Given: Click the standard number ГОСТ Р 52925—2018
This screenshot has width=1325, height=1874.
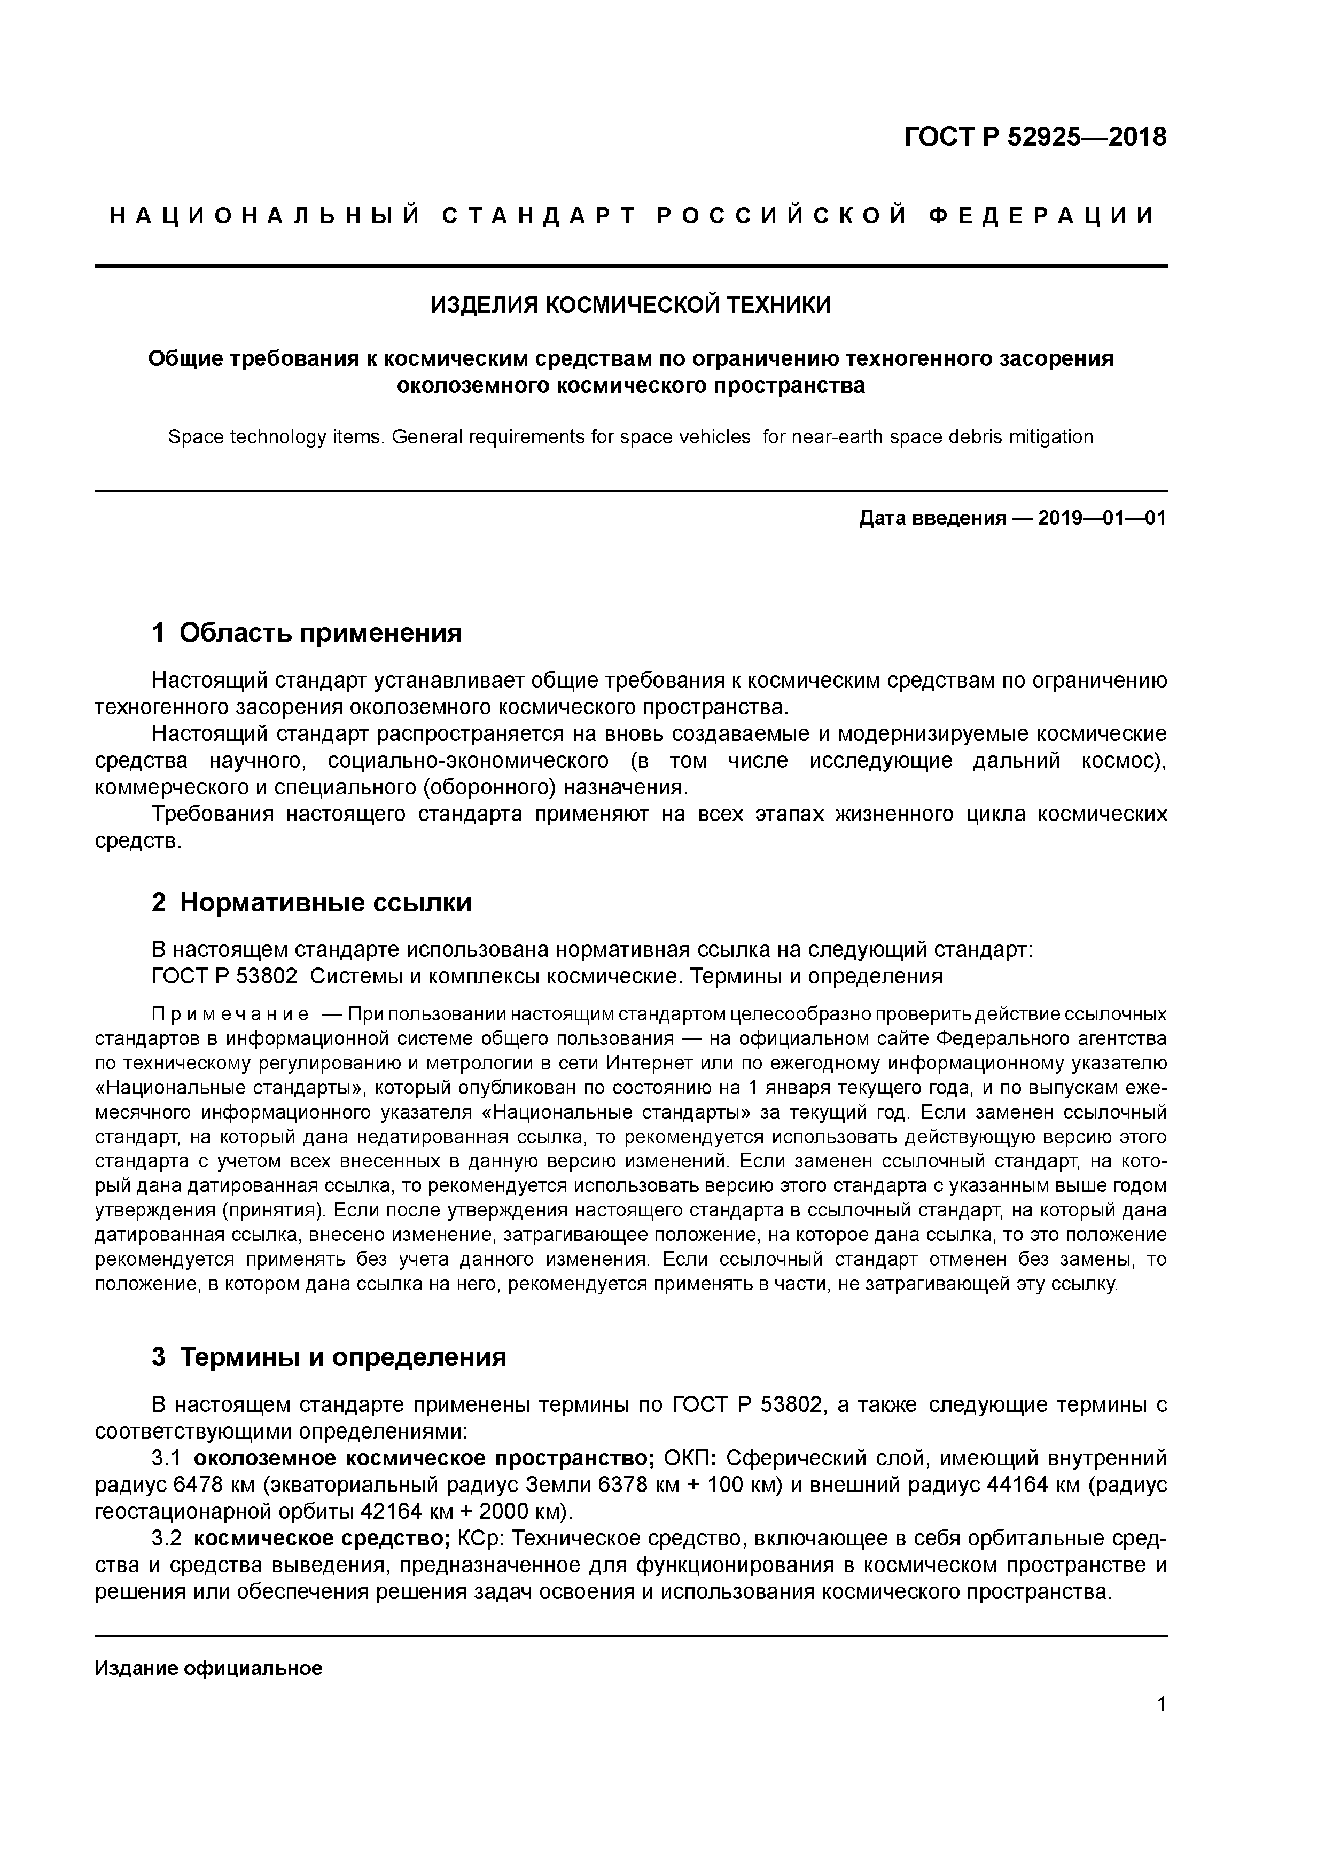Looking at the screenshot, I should pyautogui.click(x=1035, y=137).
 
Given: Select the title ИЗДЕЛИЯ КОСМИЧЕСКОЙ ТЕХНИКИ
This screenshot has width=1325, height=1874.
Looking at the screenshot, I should pyautogui.click(x=630, y=305).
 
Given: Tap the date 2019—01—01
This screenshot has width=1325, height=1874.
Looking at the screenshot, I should pyautogui.click(x=1102, y=518).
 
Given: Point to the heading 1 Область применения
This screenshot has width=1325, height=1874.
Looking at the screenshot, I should pyautogui.click(x=307, y=633).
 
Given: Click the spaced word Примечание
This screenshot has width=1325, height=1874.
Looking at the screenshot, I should pyautogui.click(x=230, y=1014).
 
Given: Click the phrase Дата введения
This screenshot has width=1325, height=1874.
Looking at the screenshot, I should pyautogui.click(x=932, y=518).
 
